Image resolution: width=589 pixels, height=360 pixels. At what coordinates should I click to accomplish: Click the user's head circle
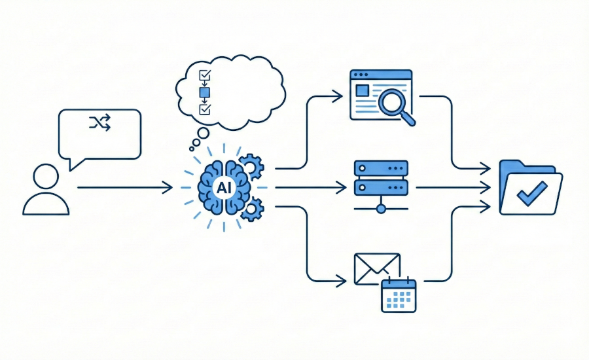46,177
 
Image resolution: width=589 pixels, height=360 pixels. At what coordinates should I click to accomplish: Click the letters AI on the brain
223,188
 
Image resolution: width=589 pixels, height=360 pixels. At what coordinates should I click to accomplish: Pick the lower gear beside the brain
251,209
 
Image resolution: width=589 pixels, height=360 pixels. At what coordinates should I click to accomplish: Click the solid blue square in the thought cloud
204,93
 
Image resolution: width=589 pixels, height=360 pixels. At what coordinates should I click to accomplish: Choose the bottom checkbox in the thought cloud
204,109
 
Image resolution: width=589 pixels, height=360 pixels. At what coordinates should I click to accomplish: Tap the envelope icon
376,268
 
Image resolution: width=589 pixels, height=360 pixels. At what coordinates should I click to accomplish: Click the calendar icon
399,294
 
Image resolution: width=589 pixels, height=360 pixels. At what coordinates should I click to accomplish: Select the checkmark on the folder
531,193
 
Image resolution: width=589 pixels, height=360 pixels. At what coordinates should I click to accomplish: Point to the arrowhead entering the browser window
338,97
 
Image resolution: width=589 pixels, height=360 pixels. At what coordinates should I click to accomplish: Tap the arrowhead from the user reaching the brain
168,188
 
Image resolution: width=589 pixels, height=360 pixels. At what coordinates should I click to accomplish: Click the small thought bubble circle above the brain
203,134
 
